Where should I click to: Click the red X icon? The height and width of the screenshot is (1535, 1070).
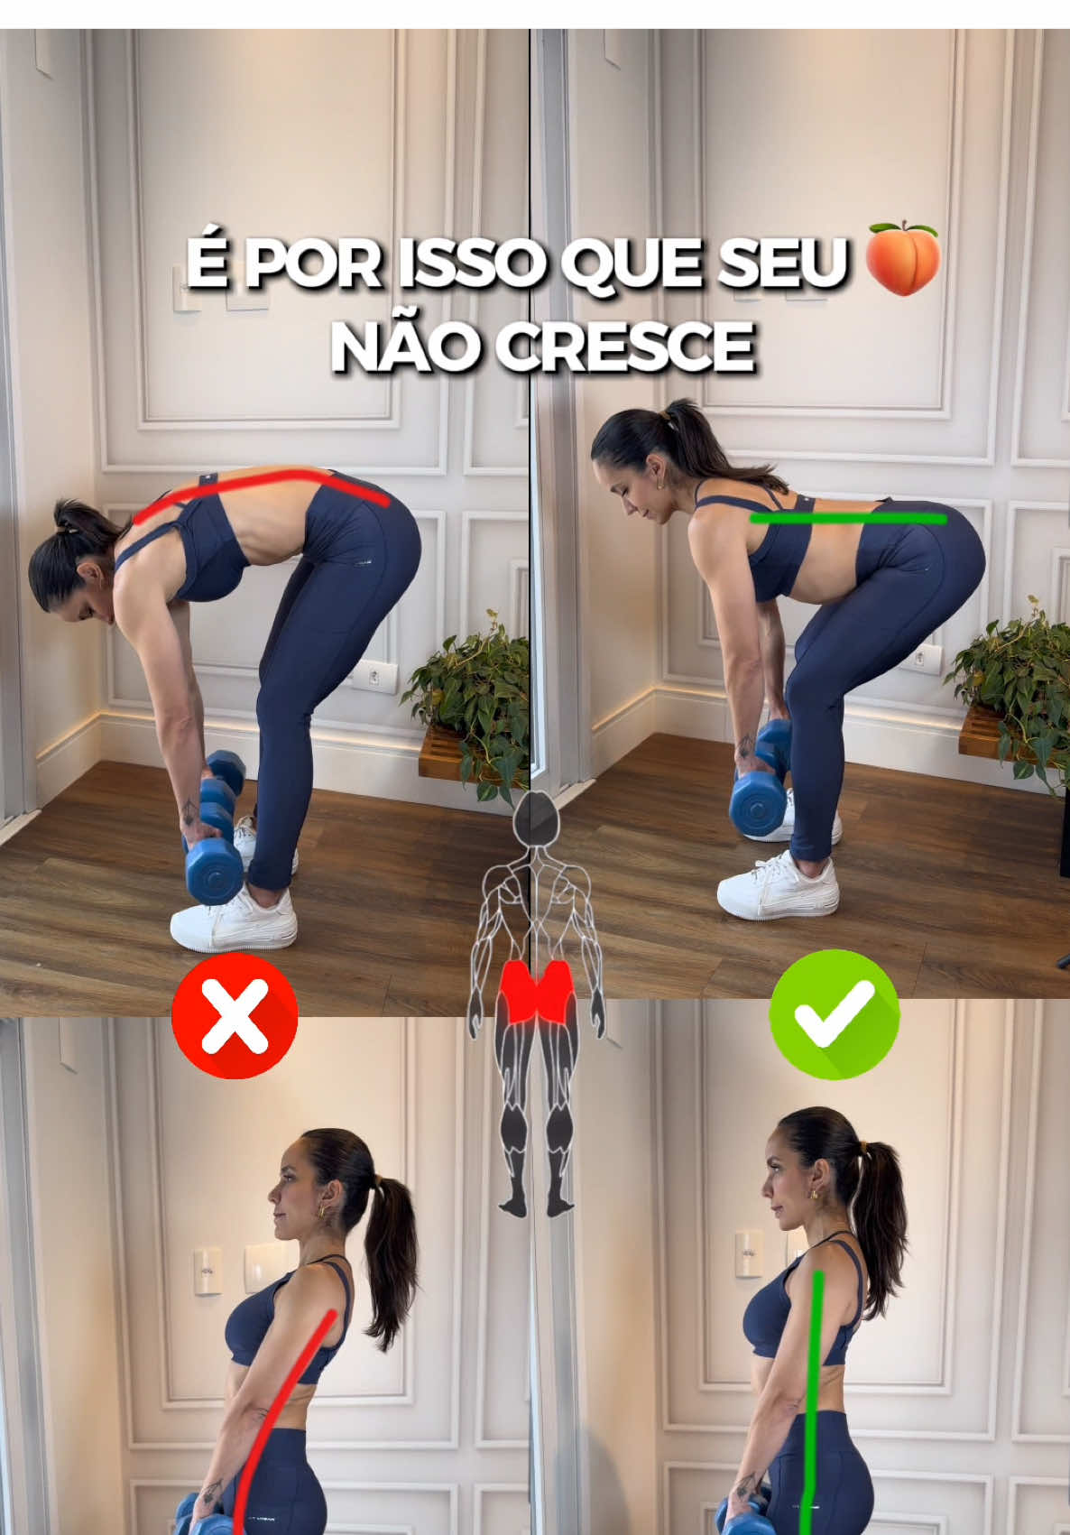(x=235, y=1015)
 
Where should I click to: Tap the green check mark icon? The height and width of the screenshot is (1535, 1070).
(x=835, y=1014)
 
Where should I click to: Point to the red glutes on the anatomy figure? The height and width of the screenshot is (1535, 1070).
(x=538, y=991)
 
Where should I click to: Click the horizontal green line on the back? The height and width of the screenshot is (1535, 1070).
(x=848, y=519)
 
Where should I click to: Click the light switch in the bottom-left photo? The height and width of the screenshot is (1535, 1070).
(x=208, y=1271)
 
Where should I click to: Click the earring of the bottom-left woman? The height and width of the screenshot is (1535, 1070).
(x=323, y=1207)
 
